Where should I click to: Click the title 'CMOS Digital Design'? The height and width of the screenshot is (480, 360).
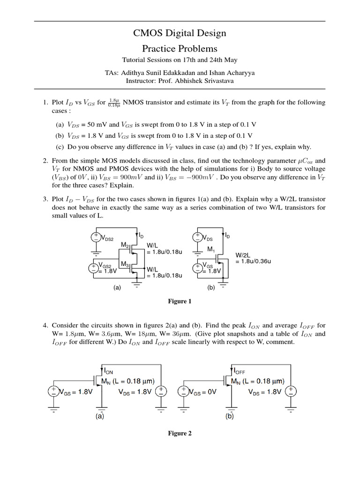tap(180, 33)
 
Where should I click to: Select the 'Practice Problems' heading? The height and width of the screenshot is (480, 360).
tap(180, 48)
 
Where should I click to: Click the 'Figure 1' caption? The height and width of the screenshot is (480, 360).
tap(180, 301)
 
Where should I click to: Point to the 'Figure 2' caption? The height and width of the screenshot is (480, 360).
tap(180, 434)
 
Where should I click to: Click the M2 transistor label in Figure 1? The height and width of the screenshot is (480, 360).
tap(125, 245)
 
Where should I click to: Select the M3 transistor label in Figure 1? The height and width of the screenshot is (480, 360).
tap(125, 265)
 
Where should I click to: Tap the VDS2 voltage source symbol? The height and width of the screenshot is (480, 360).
tap(95, 237)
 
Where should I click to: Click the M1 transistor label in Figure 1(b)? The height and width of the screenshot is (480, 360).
tap(211, 248)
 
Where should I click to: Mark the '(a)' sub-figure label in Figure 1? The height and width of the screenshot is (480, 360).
tap(117, 288)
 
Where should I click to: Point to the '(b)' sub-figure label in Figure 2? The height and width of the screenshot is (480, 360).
tap(229, 415)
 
